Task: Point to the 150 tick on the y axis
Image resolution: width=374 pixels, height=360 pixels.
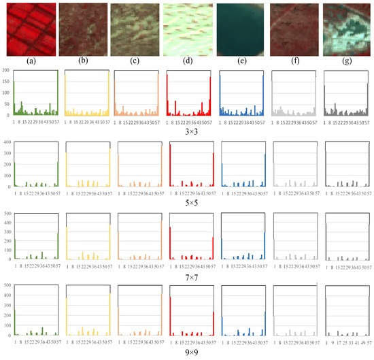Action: point(5,82)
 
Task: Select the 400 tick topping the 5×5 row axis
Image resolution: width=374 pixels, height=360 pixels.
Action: point(5,142)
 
